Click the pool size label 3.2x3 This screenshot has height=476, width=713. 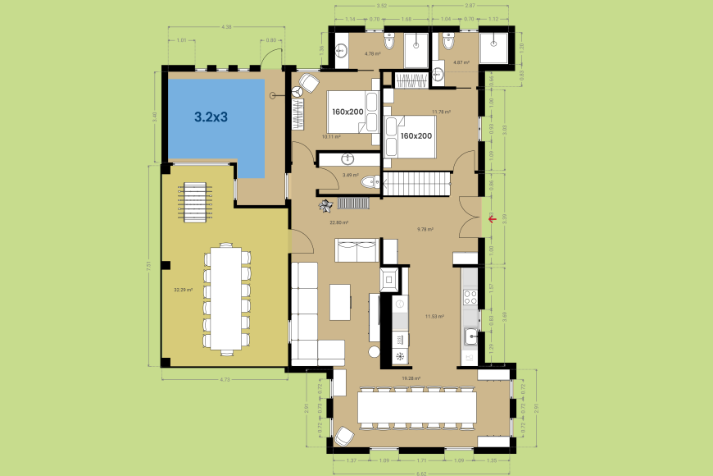(211, 117)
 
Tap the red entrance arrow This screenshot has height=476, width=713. (491, 218)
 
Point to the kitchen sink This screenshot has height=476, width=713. (471, 336)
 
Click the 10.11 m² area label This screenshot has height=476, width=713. (331, 137)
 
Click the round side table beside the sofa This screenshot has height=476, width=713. (375, 352)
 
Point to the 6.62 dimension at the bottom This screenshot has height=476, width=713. (420, 473)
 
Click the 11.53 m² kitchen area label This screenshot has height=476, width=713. (434, 316)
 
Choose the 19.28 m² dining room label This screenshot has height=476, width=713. (411, 378)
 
